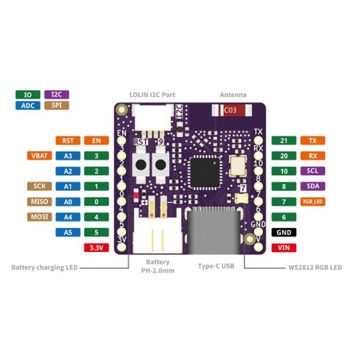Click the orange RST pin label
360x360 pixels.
pyautogui.click(x=67, y=140)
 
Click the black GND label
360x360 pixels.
pyautogui.click(x=284, y=232)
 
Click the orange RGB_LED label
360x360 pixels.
pyautogui.click(x=313, y=202)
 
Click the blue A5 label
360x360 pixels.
pyautogui.click(x=67, y=232)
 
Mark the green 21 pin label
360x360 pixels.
pyautogui.click(x=284, y=140)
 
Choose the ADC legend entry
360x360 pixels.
pyautogui.click(x=28, y=105)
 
